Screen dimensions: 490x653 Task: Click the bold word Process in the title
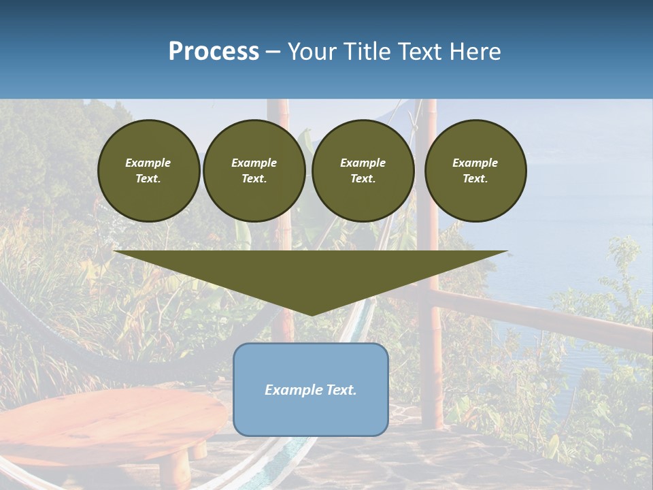pos(214,52)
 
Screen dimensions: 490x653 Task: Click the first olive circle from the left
pos(148,170)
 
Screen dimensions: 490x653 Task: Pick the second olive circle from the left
pos(254,170)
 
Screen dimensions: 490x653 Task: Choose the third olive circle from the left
pos(363,170)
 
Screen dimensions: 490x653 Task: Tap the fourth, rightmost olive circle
pos(475,170)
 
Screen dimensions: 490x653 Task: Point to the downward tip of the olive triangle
pos(311,314)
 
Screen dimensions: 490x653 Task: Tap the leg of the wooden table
pos(178,467)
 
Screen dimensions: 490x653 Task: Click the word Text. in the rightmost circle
pos(475,178)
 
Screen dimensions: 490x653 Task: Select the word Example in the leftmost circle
pos(148,163)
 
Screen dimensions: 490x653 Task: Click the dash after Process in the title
pos(273,52)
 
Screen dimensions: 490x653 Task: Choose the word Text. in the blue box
pos(339,390)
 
